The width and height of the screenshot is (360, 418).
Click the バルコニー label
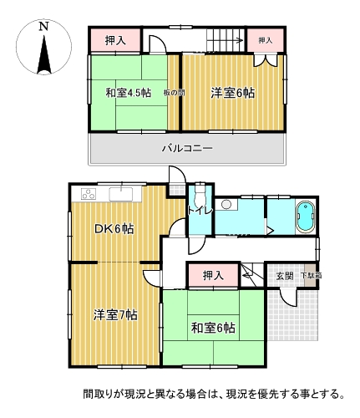[x=187, y=149]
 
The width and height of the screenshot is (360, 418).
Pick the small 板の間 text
[x=173, y=93]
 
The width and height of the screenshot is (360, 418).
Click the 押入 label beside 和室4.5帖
[x=115, y=40]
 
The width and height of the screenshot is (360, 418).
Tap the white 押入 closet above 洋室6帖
[x=265, y=40]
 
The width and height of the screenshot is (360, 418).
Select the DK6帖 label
[x=114, y=229]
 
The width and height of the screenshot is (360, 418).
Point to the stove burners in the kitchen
[x=89, y=195]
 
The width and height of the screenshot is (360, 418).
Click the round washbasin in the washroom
[x=226, y=205]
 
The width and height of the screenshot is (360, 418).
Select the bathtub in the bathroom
[x=305, y=217]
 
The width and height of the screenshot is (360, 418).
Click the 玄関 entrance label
[x=283, y=275]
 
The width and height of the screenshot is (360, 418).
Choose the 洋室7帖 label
[x=114, y=314]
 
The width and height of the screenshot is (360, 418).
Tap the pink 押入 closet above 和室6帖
[x=215, y=275]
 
